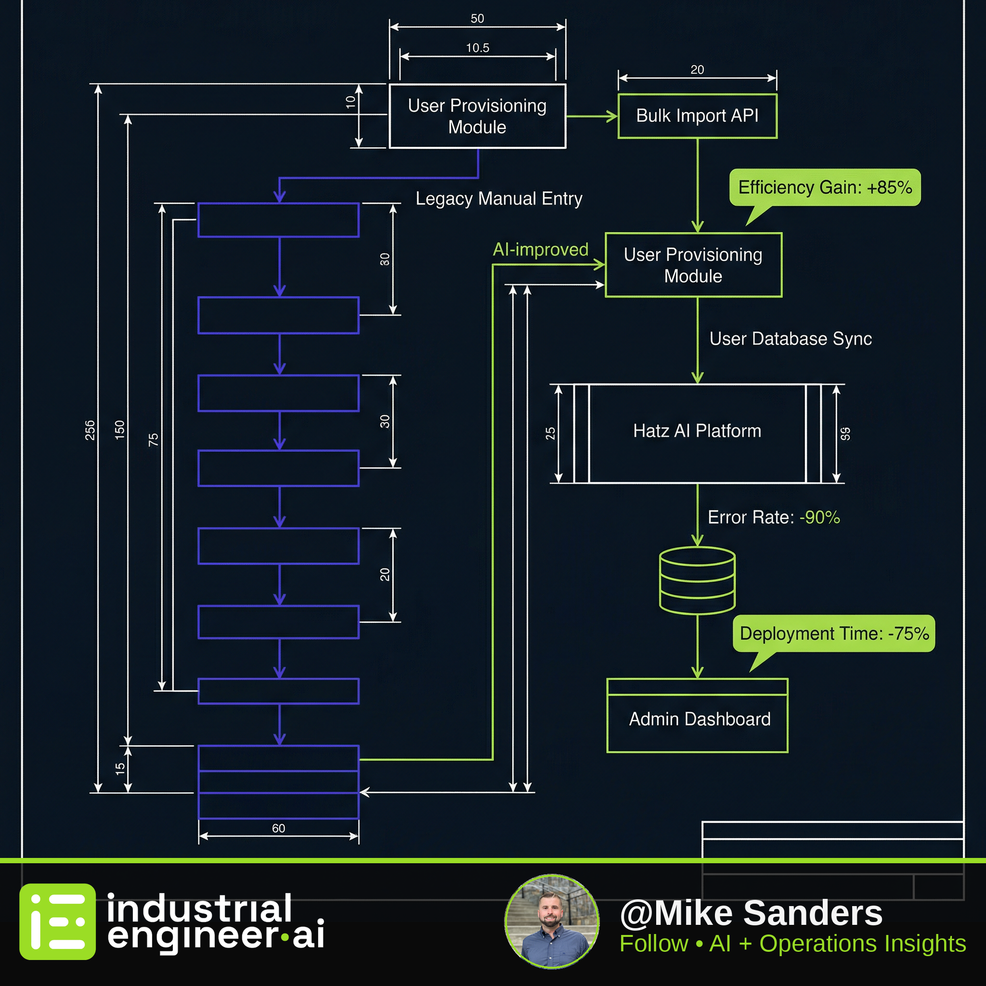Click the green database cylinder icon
[x=697, y=580]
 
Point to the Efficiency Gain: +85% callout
[x=825, y=188]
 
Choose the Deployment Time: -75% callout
[x=834, y=634]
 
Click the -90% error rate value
[x=819, y=518]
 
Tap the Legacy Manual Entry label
[x=499, y=198]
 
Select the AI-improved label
[x=541, y=249]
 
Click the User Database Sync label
[x=791, y=339]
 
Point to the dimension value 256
[x=90, y=430]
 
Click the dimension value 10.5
[x=478, y=48]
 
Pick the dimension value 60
[x=279, y=828]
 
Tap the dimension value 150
[x=119, y=430]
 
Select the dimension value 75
[x=153, y=440]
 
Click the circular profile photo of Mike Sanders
[x=552, y=921]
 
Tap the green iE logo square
[x=58, y=921]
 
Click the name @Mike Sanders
[x=751, y=913]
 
